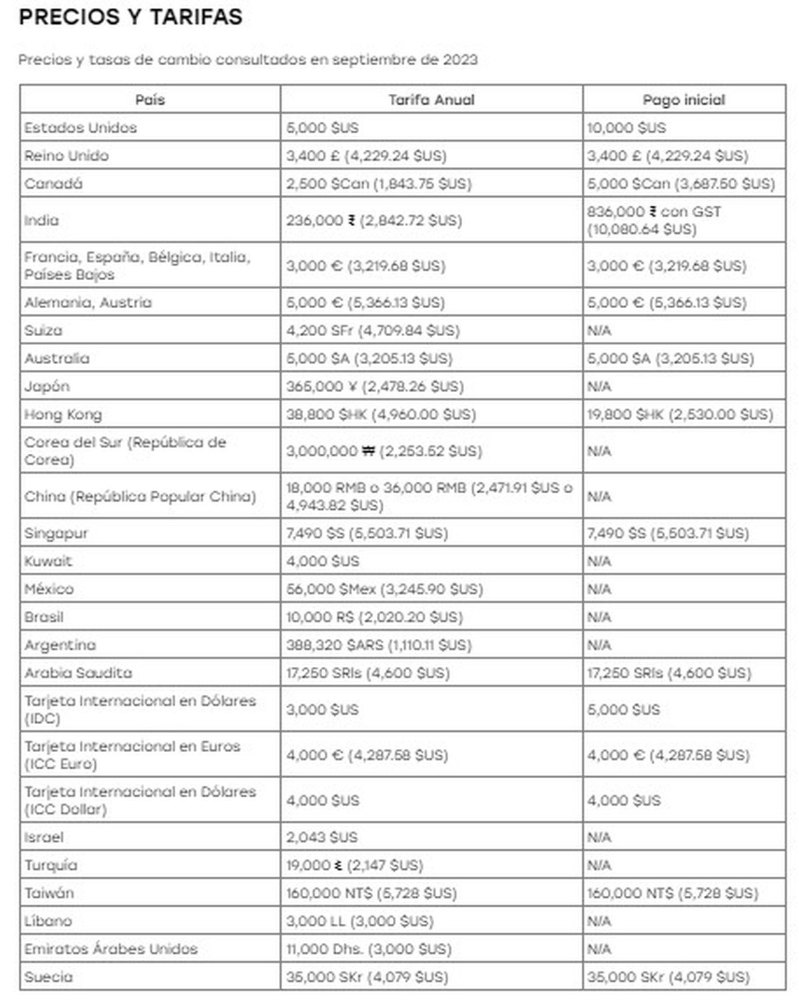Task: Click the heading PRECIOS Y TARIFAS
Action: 131,17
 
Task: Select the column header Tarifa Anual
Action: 431,100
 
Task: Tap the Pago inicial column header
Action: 684,100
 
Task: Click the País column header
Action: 150,100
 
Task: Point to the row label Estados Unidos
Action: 81,128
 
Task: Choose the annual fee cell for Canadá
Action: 379,184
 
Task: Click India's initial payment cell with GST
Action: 655,220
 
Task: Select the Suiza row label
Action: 43,331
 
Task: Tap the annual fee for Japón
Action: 375,387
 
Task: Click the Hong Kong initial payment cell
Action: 680,415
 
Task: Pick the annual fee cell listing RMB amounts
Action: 429,497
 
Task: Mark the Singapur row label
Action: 56,533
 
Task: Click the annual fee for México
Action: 385,589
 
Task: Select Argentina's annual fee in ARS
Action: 379,645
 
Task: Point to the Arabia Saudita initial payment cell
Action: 669,673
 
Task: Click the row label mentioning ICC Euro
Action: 132,755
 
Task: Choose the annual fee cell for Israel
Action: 322,837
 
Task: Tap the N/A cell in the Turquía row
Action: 599,865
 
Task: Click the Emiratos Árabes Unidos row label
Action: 111,949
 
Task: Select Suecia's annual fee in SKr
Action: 367,977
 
